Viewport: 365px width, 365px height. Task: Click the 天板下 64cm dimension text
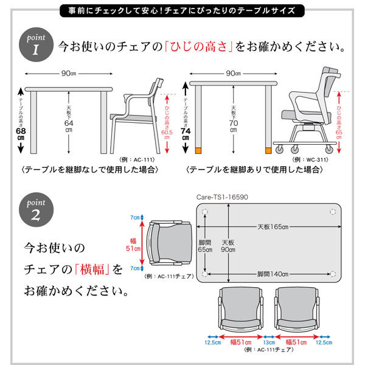tap(68, 119)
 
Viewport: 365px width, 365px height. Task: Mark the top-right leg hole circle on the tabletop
tap(333, 211)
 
